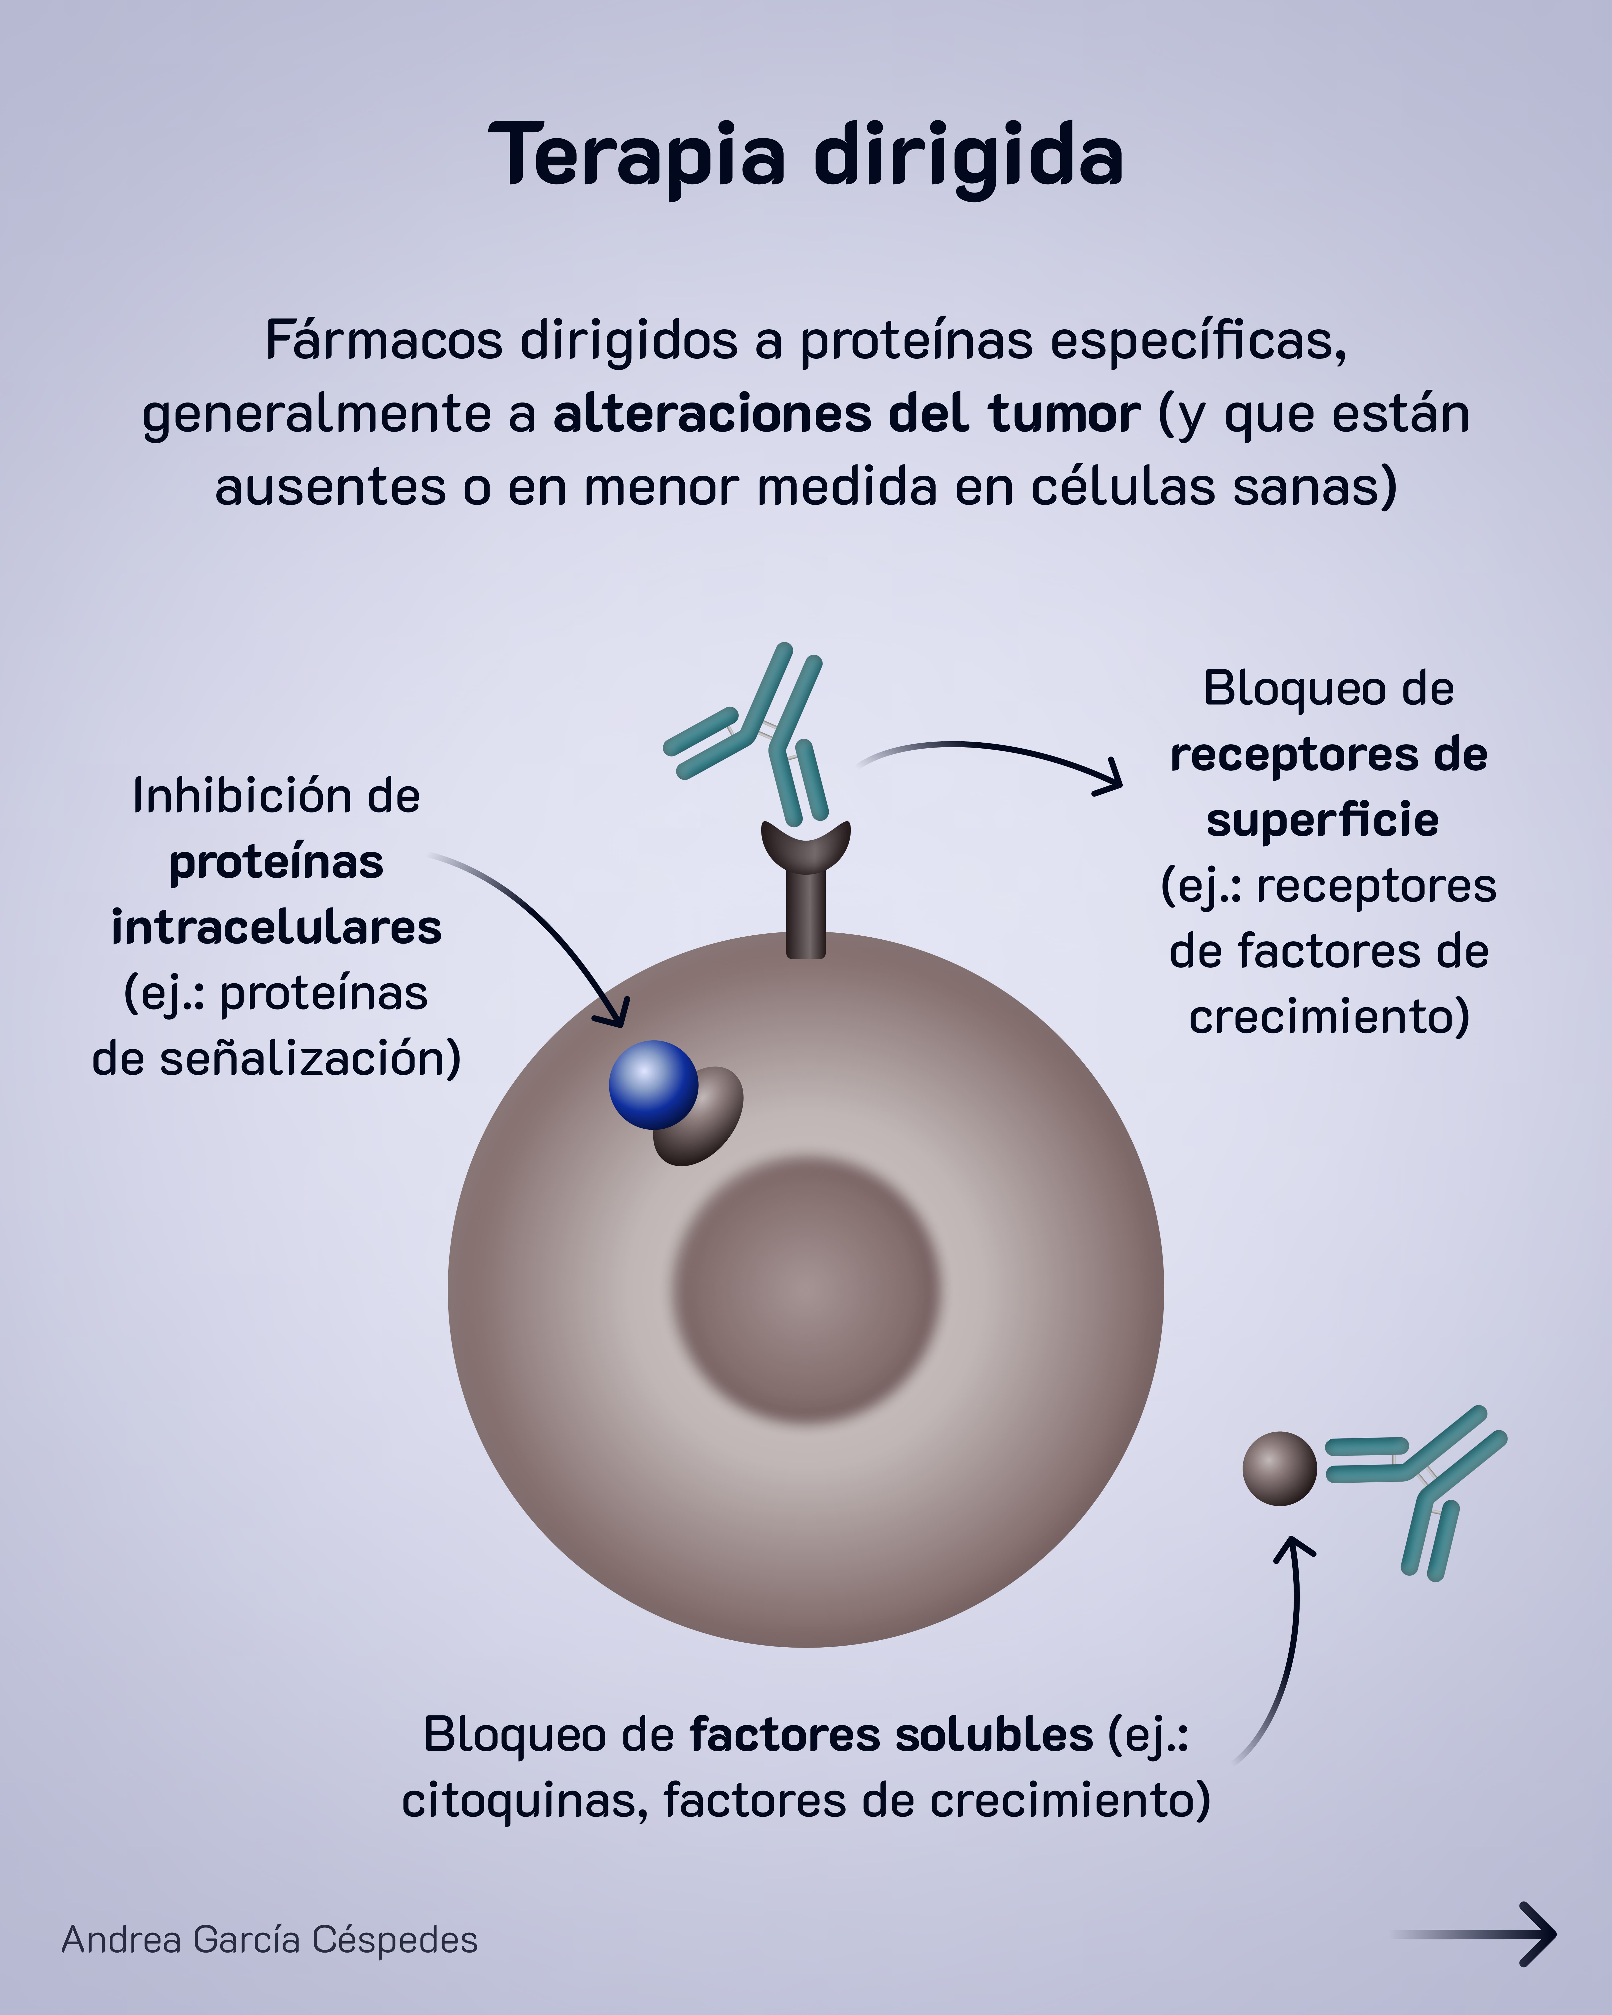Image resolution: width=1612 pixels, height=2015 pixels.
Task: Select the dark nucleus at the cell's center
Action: pos(806,1290)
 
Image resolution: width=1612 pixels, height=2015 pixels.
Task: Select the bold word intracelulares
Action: pos(277,928)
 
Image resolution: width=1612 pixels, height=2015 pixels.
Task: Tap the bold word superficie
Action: pos(1322,821)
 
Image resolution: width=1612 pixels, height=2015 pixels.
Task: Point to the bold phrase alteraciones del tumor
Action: pos(846,414)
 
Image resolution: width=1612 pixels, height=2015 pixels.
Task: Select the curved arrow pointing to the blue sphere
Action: pos(551,925)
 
